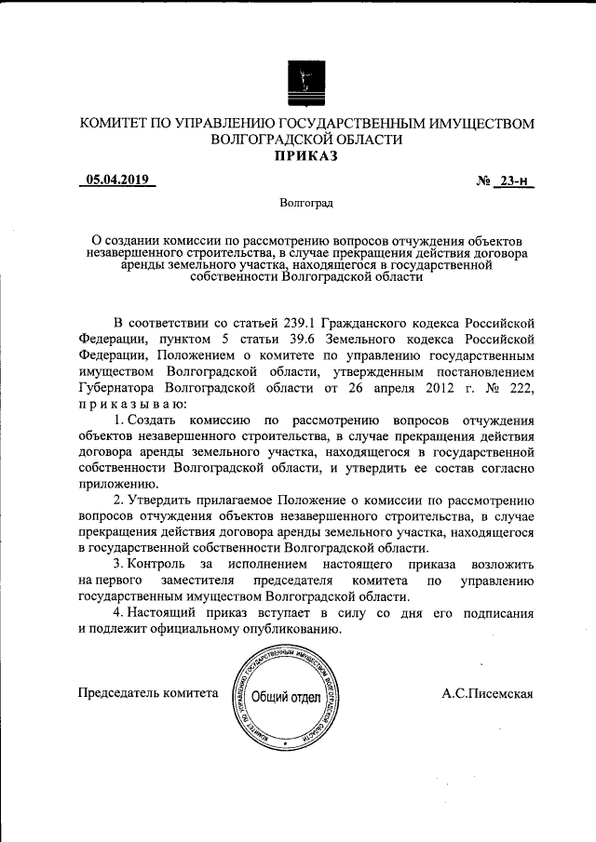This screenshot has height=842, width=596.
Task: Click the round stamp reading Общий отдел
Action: pyautogui.click(x=287, y=698)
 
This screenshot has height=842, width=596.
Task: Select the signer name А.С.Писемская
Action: pyautogui.click(x=487, y=693)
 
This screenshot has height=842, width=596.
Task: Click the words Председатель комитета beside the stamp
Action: pyautogui.click(x=148, y=693)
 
